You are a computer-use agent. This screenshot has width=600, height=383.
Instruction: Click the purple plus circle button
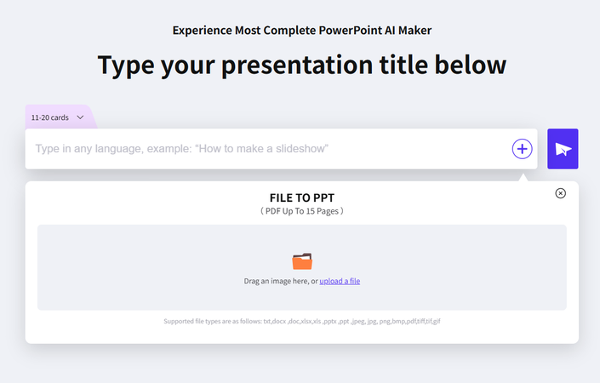tap(522, 149)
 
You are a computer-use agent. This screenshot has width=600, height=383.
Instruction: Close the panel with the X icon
tap(560, 193)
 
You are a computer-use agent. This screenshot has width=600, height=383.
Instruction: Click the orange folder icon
tap(302, 261)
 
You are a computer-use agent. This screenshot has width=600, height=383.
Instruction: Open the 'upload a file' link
tap(340, 281)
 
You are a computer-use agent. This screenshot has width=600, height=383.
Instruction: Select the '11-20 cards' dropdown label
tap(49, 117)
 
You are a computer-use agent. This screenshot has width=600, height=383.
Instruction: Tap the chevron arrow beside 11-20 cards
tap(81, 117)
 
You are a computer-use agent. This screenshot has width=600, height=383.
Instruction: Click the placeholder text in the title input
tap(181, 149)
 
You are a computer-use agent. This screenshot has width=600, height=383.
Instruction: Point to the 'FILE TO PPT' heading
tap(301, 197)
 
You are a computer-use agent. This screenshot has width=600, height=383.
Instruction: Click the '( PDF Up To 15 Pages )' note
tap(301, 210)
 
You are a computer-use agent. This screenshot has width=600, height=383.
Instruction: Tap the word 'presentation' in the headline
tap(297, 65)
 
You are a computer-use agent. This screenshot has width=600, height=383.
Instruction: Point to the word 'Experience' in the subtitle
tap(203, 31)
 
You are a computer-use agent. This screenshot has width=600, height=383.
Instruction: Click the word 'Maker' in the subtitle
tap(412, 31)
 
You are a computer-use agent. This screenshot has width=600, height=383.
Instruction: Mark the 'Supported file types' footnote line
tap(301, 321)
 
